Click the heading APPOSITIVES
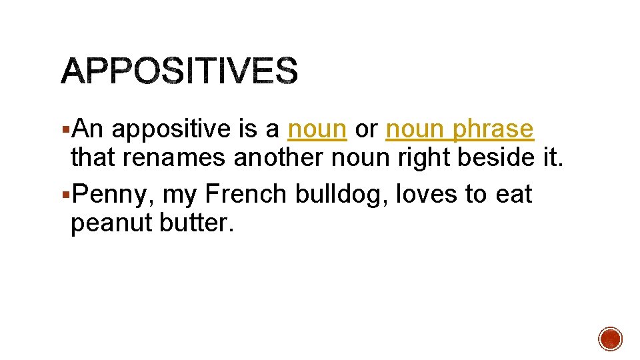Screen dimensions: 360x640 (179, 71)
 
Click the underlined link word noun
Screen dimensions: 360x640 (317, 129)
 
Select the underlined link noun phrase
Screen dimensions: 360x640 (460, 129)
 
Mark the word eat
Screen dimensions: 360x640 (514, 195)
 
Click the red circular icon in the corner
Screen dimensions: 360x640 (610, 339)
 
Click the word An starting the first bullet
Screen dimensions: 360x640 (88, 129)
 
